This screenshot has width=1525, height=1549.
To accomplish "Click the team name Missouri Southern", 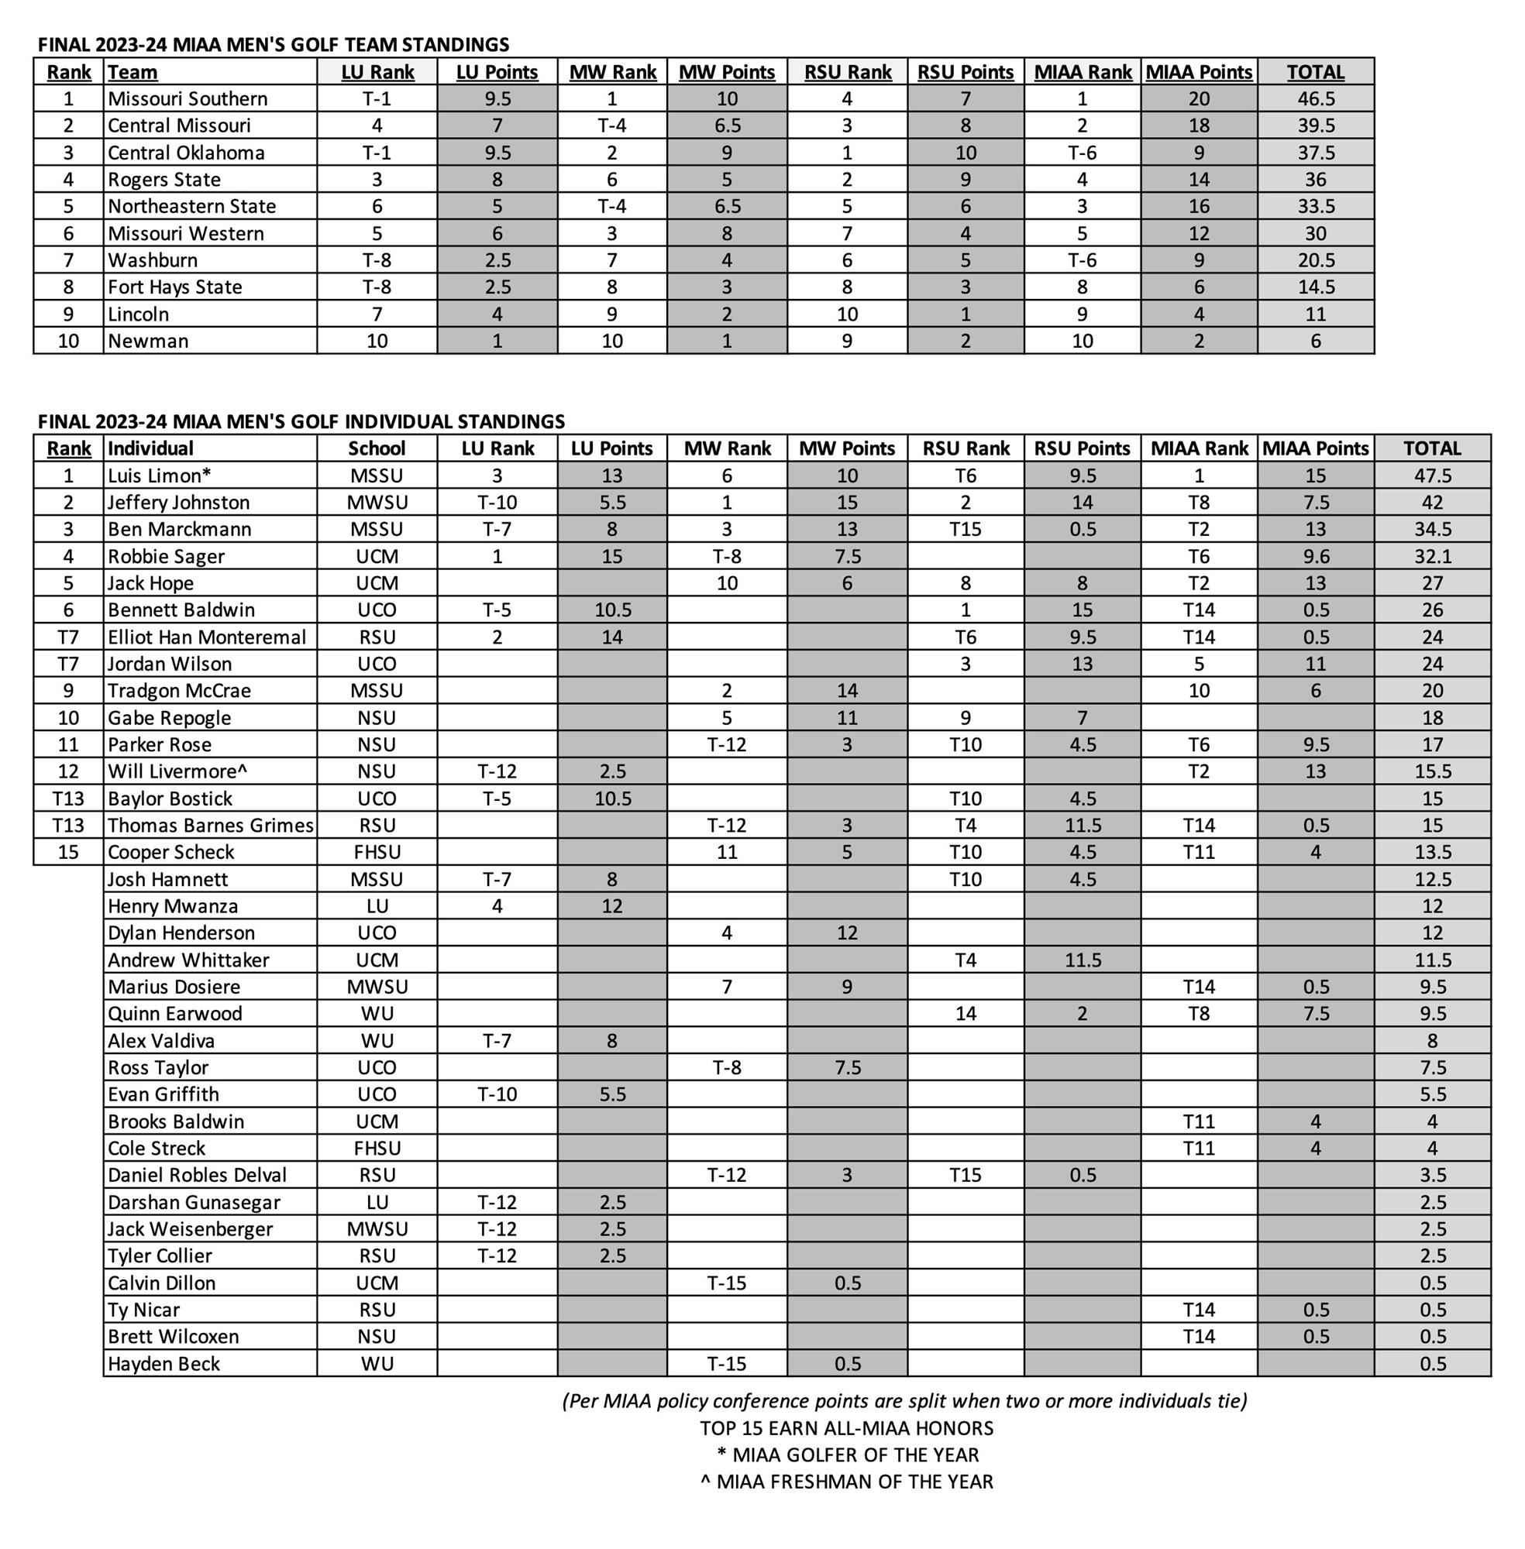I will (x=188, y=98).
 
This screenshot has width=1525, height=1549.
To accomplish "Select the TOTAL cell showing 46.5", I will (x=1315, y=98).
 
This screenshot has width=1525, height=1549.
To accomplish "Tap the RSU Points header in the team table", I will (x=966, y=72).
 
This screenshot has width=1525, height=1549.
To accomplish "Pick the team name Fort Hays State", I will (x=174, y=287).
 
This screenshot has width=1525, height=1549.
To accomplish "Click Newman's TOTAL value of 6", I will (x=1315, y=341).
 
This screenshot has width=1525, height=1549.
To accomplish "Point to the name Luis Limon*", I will (x=160, y=476).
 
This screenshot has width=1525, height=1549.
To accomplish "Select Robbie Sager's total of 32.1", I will (x=1432, y=556).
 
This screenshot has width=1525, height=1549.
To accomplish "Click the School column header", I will (x=377, y=448).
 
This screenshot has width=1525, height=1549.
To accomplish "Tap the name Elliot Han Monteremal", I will (x=207, y=637).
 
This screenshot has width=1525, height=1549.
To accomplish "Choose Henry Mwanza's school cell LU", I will (x=377, y=906).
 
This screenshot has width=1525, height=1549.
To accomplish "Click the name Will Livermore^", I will (x=177, y=771).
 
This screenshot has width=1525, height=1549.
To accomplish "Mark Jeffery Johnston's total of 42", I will (x=1432, y=503).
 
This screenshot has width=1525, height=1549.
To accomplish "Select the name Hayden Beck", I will (x=164, y=1364).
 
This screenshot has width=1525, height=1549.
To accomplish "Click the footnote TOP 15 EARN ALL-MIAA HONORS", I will (x=847, y=1428).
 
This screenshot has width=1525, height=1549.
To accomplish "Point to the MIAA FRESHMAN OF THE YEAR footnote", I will (x=847, y=1482).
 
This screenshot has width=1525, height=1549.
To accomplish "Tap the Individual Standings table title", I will (x=301, y=421).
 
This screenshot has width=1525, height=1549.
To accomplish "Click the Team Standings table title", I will (x=273, y=45).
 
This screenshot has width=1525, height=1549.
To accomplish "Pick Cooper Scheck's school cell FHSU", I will (x=377, y=853).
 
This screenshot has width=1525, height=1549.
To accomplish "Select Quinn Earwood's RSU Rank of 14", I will (x=966, y=1014).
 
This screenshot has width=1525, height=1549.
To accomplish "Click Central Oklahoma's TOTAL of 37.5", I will (x=1315, y=153).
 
